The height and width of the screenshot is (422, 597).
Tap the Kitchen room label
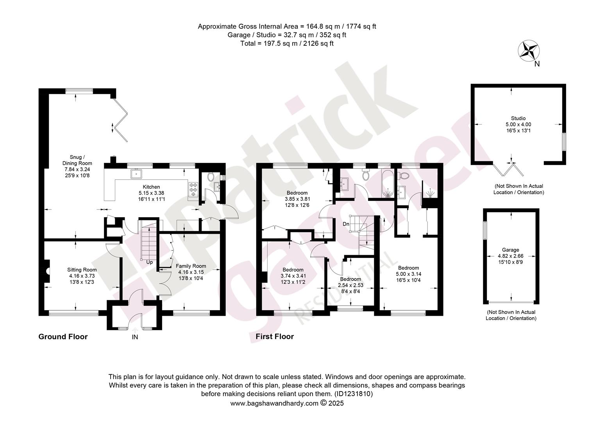click(x=151, y=187)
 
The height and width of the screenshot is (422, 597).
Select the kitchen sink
click(x=136, y=174)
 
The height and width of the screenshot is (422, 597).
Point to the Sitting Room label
click(x=82, y=270)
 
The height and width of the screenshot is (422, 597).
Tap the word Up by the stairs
click(x=150, y=262)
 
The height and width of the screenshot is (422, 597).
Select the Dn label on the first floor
click(x=346, y=224)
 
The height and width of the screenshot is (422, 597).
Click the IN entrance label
click(x=135, y=337)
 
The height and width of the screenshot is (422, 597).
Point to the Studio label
click(x=518, y=118)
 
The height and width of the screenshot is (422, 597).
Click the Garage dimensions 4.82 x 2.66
click(x=510, y=256)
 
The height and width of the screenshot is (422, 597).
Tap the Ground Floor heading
click(x=63, y=337)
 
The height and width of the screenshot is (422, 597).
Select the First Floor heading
click(x=275, y=336)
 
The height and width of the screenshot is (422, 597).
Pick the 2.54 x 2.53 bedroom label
click(x=350, y=285)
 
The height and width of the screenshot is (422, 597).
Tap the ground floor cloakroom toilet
click(x=211, y=176)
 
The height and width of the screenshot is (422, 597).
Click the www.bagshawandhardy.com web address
click(x=274, y=403)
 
